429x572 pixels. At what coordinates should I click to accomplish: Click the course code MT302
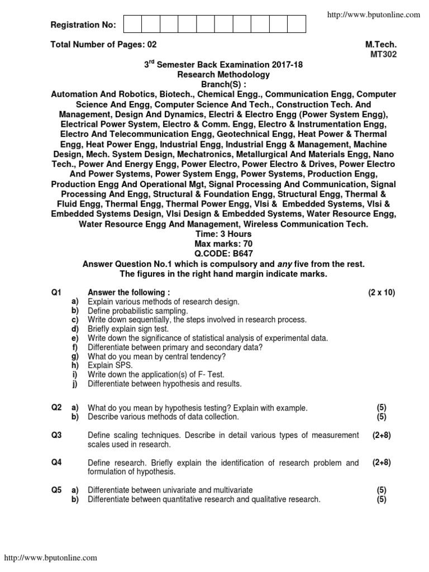(x=384, y=54)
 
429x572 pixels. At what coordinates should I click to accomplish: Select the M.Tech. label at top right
(x=381, y=44)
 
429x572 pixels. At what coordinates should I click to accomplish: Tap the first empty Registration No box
(x=132, y=25)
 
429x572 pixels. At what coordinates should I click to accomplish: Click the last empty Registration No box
(x=297, y=25)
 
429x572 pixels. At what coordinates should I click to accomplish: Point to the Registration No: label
(x=83, y=25)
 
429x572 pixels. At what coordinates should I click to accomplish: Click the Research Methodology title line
(x=223, y=74)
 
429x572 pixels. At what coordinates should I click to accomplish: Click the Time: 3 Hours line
(x=223, y=234)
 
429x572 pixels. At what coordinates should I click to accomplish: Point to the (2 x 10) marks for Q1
(x=381, y=293)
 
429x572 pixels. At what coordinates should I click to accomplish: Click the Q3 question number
(x=56, y=435)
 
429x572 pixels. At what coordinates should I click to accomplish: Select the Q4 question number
(x=56, y=463)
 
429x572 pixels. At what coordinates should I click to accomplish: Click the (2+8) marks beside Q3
(x=382, y=435)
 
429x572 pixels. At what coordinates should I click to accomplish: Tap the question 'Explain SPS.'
(x=110, y=365)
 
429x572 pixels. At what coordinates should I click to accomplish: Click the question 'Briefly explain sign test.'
(x=128, y=329)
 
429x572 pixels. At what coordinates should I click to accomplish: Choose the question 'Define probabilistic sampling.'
(x=138, y=311)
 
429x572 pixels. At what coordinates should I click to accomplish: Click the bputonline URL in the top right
(x=373, y=15)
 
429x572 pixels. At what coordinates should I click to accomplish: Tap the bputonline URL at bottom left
(x=51, y=557)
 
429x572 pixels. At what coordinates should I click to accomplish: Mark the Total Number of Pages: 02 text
(x=104, y=44)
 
